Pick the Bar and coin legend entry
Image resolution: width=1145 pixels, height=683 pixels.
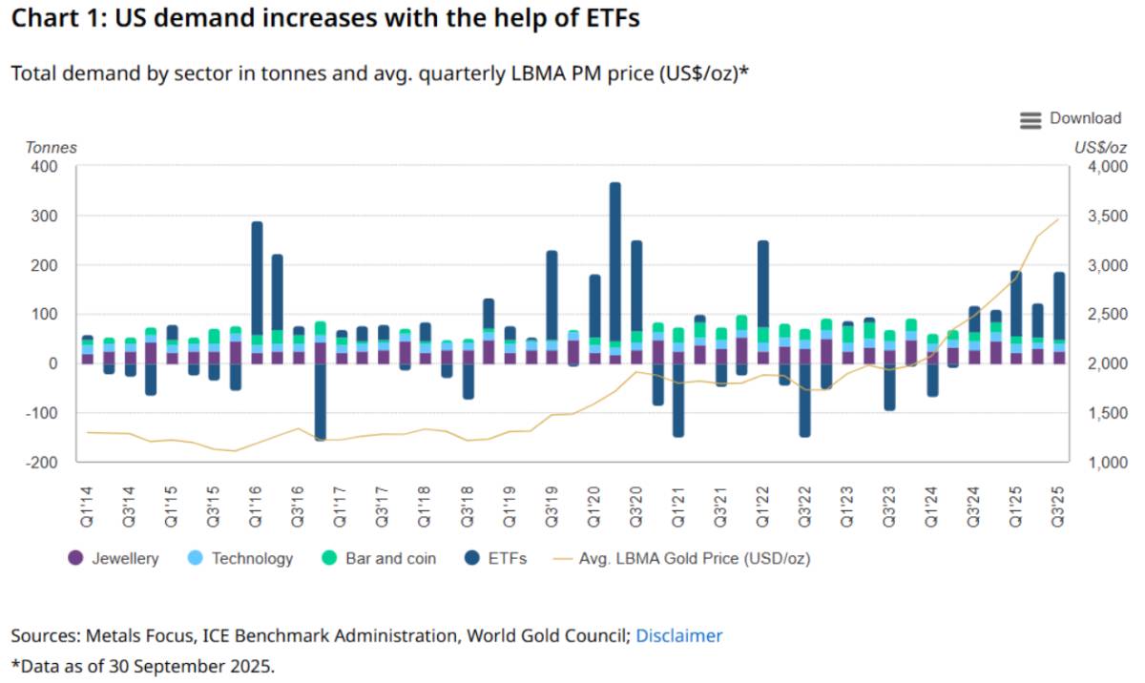pyautogui.click(x=378, y=558)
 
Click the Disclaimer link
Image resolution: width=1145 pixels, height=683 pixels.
pyautogui.click(x=678, y=635)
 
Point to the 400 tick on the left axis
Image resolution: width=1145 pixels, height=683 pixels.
pyautogui.click(x=45, y=166)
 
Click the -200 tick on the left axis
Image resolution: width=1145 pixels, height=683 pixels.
pyautogui.click(x=42, y=462)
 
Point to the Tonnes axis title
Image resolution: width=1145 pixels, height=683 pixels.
pyautogui.click(x=52, y=148)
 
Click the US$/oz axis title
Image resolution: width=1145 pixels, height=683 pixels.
pyautogui.click(x=1099, y=148)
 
